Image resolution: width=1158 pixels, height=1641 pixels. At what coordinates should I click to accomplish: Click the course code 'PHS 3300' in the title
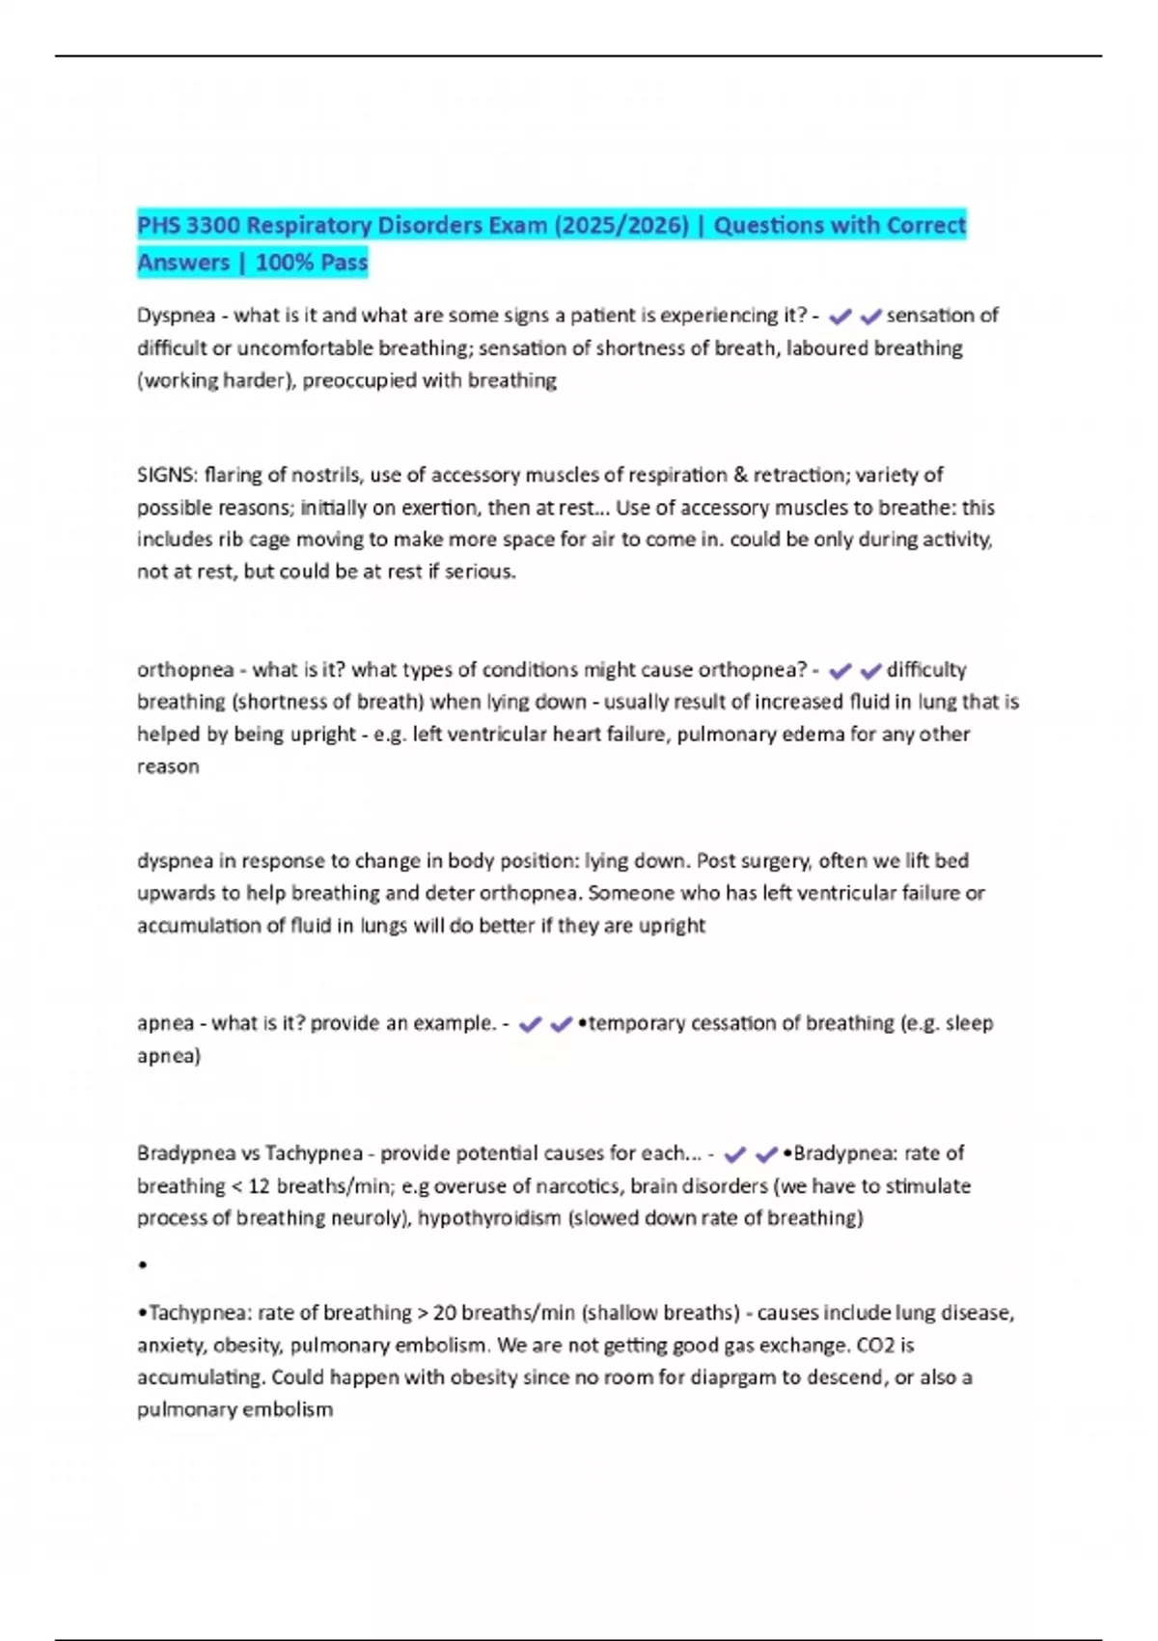pyautogui.click(x=186, y=226)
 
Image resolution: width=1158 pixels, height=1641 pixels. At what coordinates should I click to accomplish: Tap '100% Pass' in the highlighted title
pyautogui.click(x=312, y=263)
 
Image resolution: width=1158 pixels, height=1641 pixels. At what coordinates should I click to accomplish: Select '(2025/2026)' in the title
pyautogui.click(x=621, y=226)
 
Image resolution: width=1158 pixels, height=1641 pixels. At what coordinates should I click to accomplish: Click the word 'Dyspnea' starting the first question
pyautogui.click(x=176, y=316)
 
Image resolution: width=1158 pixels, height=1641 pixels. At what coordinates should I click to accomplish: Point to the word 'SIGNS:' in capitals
pyautogui.click(x=167, y=475)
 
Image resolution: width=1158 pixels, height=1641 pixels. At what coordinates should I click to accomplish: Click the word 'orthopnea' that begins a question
pyautogui.click(x=185, y=670)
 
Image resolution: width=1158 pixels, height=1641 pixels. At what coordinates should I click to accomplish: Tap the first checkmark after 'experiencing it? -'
pyautogui.click(x=841, y=317)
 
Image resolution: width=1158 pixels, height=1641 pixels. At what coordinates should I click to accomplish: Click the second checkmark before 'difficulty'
pyautogui.click(x=870, y=671)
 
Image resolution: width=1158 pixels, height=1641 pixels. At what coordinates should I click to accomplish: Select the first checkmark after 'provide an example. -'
pyautogui.click(x=530, y=1024)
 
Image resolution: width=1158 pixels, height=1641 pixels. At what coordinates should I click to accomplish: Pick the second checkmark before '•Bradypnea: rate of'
pyautogui.click(x=766, y=1154)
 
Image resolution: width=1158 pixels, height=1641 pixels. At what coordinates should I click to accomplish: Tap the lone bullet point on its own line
pyautogui.click(x=143, y=1265)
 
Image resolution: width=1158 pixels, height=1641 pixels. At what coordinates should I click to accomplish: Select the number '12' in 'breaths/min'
pyautogui.click(x=259, y=1186)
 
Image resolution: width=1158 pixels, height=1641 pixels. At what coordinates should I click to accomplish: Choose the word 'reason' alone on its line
pyautogui.click(x=168, y=766)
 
